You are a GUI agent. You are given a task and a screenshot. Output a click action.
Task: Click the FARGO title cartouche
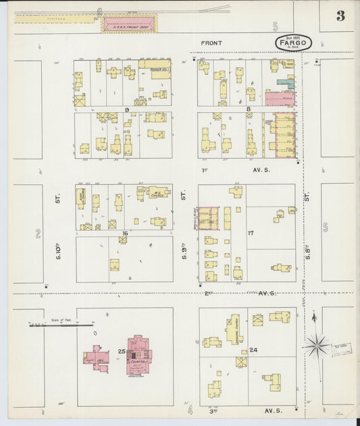(x=294, y=43)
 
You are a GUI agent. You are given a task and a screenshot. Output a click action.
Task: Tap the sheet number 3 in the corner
(x=340, y=16)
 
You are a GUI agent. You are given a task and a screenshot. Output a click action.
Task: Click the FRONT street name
(x=211, y=43)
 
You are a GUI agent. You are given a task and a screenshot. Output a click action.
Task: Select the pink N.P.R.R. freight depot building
(x=128, y=25)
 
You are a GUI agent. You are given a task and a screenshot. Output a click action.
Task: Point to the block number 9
(x=126, y=109)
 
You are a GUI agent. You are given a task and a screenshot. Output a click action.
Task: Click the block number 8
(x=248, y=109)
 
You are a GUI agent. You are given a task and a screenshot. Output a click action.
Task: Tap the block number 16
(x=124, y=233)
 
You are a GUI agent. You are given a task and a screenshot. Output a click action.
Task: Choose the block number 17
(x=251, y=234)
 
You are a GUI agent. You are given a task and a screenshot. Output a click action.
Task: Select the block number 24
(x=253, y=350)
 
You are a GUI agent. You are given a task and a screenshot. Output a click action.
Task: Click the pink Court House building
(x=140, y=354)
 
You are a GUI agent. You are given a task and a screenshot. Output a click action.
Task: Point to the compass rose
(x=316, y=346)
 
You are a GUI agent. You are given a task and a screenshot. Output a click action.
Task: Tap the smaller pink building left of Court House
(x=97, y=358)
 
